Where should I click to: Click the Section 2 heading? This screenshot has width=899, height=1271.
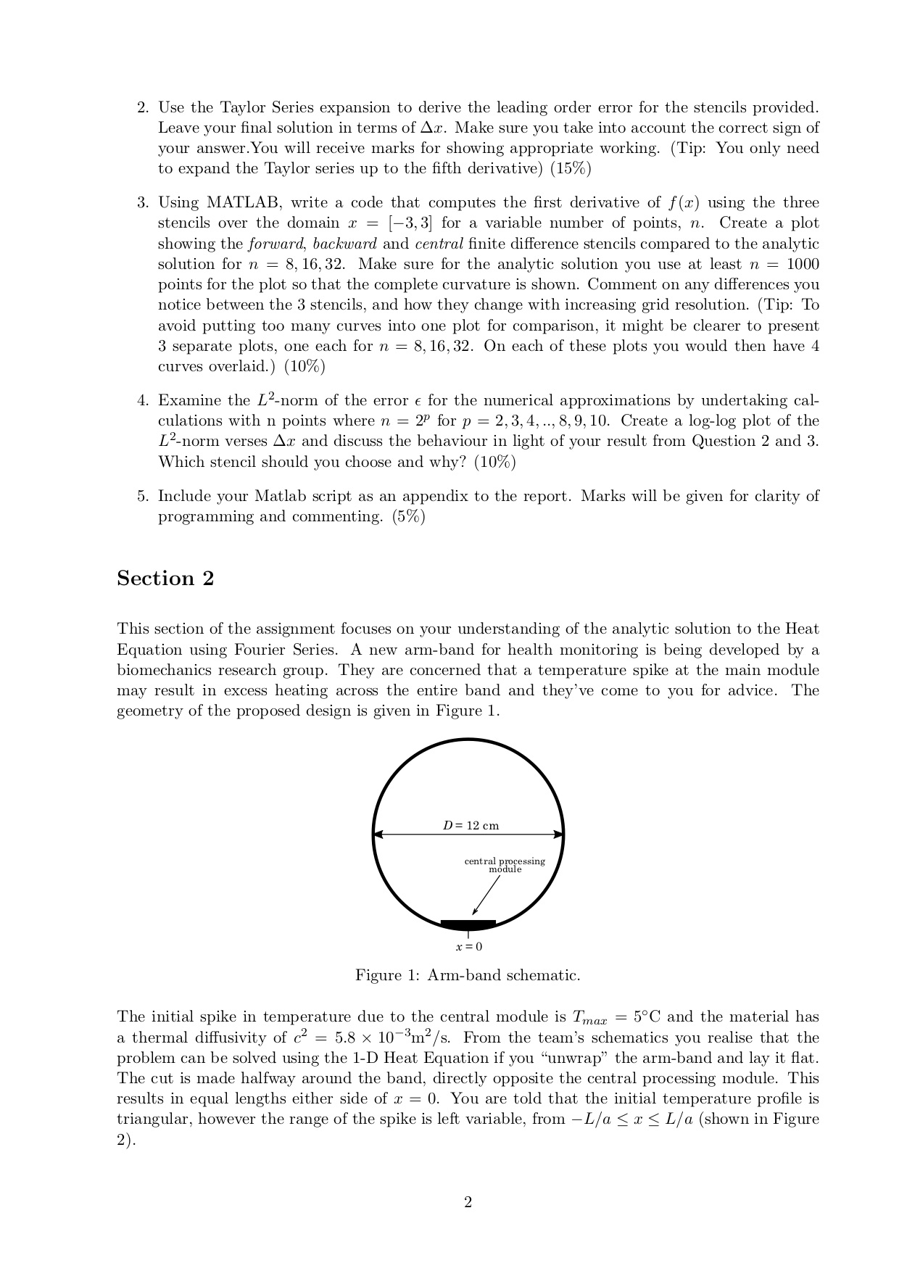165,579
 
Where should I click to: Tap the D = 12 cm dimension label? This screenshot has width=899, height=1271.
471,825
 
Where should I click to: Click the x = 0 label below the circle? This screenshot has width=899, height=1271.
468,947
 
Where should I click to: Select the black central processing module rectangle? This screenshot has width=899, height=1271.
468,924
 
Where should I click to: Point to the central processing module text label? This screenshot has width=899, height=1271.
505,865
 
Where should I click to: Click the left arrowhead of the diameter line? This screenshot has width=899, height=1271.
378,835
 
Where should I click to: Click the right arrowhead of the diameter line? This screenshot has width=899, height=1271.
559,835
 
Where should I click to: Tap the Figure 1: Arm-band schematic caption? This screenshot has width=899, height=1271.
468,975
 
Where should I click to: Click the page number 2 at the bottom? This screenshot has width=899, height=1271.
468,1203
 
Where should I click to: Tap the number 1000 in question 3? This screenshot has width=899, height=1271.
803,264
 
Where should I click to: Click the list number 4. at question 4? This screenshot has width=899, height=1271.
143,401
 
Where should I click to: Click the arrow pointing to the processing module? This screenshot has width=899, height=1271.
486,895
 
